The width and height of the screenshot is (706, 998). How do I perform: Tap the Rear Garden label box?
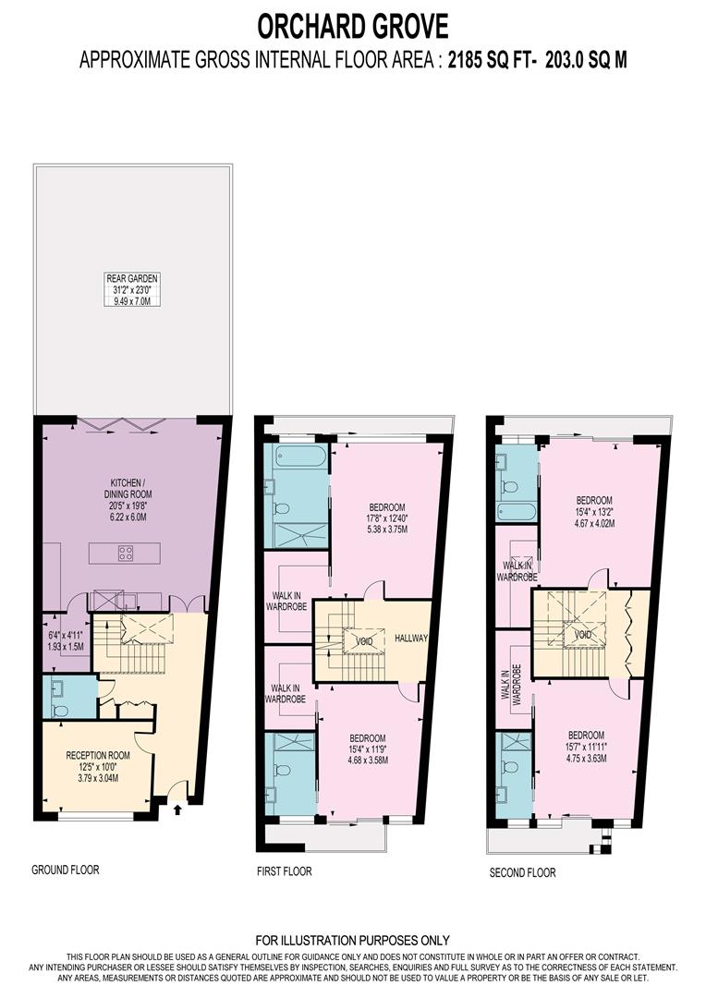[x=132, y=288]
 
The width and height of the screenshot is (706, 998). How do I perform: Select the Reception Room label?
[x=97, y=766]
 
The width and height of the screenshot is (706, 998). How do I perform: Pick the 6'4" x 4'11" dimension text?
[x=66, y=640]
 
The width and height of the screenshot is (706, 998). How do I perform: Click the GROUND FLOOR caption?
[x=65, y=870]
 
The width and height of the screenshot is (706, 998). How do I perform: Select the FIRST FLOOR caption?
[x=284, y=871]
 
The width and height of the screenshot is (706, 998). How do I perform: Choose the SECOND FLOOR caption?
[x=522, y=872]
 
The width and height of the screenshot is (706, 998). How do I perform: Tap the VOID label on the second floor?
[x=582, y=635]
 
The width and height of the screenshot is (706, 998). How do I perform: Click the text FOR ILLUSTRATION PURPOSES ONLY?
[x=352, y=941]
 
